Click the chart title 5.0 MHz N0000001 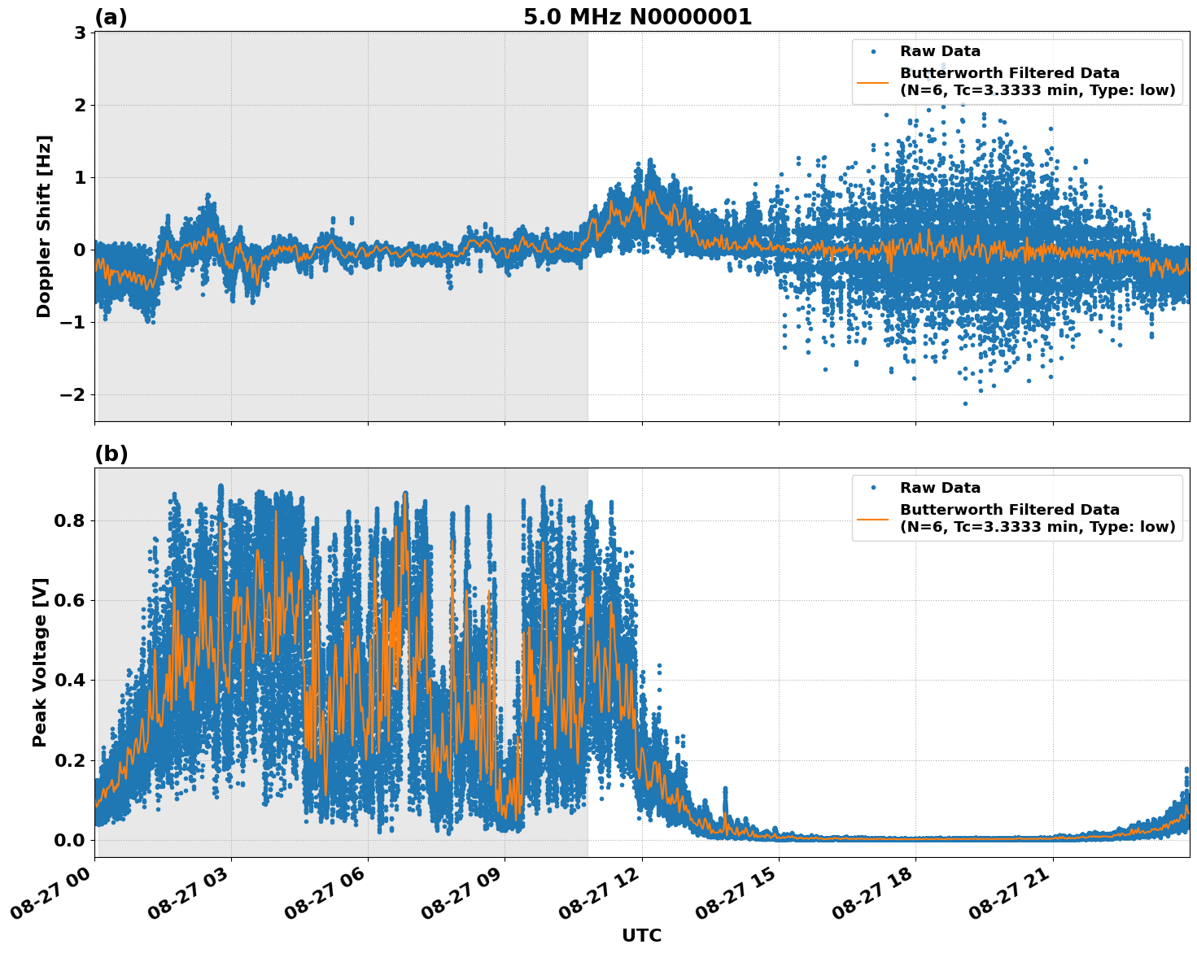[x=637, y=17]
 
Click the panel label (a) [x=111, y=17]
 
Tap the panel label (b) [x=111, y=454]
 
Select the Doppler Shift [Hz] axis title [x=44, y=226]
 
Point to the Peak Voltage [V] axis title [x=40, y=662]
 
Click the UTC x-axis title [x=641, y=935]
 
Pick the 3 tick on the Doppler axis [x=80, y=33]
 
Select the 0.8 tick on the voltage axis [x=70, y=520]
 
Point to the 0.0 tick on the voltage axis [x=70, y=840]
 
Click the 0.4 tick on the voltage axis [x=70, y=681]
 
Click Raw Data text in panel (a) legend [x=940, y=51]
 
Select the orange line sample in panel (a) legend [x=873, y=82]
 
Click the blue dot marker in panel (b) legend [x=873, y=488]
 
